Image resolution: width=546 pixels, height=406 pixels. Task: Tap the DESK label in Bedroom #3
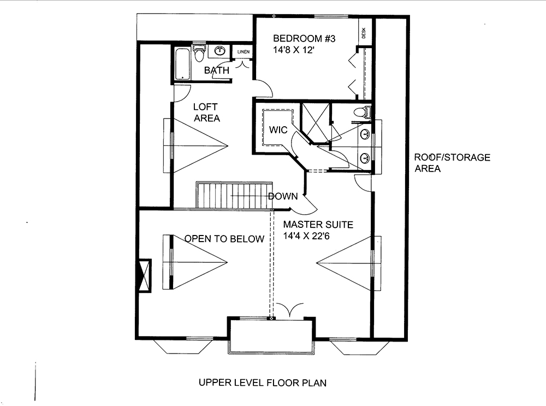click(x=364, y=33)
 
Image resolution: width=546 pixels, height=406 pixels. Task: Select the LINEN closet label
click(x=243, y=52)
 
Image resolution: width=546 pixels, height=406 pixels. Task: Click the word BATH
click(x=216, y=70)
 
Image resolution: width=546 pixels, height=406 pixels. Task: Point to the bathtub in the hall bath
click(x=182, y=64)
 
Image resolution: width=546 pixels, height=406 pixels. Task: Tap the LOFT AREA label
click(x=206, y=113)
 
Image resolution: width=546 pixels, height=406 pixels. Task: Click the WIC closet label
click(x=278, y=130)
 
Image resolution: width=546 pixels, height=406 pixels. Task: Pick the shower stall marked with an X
click(x=314, y=121)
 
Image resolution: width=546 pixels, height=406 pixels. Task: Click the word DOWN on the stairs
click(x=283, y=197)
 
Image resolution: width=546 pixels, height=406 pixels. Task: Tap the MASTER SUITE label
click(x=318, y=225)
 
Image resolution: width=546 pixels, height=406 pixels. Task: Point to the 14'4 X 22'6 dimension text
click(x=313, y=237)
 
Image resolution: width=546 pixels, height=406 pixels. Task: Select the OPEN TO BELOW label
click(x=224, y=239)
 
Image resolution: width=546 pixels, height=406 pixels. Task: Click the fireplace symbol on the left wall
click(x=145, y=276)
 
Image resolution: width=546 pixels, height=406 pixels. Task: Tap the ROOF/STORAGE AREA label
click(x=451, y=163)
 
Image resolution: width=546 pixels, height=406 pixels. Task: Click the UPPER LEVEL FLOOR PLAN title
click(x=263, y=383)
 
